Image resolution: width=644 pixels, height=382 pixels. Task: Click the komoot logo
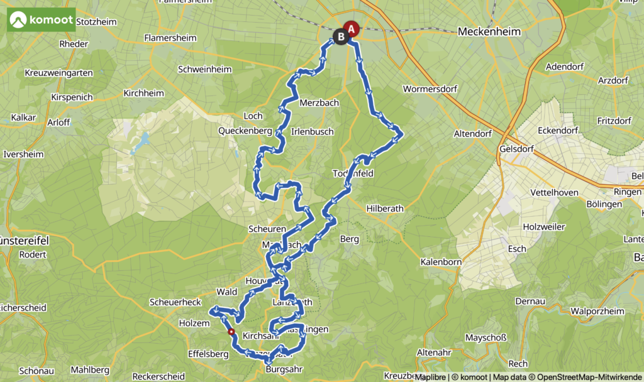point(41,19)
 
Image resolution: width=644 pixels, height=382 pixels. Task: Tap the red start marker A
point(352,29)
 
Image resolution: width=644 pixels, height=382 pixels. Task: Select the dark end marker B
point(341,37)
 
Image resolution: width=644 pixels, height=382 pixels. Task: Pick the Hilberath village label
point(386,208)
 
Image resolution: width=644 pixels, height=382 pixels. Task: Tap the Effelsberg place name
point(208,354)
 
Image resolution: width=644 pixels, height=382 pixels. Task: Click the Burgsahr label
point(285,369)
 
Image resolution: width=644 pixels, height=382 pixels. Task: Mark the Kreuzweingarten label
point(58,74)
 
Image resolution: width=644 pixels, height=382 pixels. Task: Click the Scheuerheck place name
point(175,302)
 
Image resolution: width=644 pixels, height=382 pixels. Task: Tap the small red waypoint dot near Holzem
point(231,332)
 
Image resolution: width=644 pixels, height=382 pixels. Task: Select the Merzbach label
point(319,103)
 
